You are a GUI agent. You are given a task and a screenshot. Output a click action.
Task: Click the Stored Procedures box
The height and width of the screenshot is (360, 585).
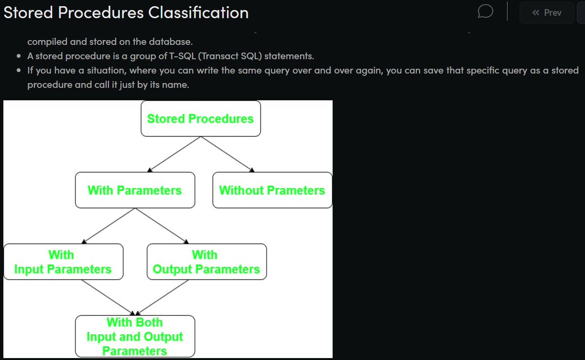[x=200, y=118]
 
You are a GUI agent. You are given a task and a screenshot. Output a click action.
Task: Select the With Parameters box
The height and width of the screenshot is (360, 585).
[x=135, y=190]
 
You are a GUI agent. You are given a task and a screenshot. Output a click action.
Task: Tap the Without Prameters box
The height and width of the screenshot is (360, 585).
[x=272, y=190]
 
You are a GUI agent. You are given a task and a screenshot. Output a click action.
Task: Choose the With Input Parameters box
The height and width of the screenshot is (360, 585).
[x=63, y=262]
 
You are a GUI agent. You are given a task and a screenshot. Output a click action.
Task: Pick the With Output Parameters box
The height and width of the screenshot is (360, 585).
[x=206, y=262]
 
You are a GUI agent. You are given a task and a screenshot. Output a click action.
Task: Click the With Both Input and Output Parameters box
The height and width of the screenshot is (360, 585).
[x=135, y=336]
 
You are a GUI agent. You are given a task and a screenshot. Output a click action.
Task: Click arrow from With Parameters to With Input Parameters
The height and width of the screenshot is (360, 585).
[x=109, y=226]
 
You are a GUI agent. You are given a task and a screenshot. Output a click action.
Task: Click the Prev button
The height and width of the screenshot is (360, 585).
[x=547, y=13]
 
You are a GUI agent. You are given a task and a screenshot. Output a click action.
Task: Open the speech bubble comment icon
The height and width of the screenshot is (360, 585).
[x=486, y=12]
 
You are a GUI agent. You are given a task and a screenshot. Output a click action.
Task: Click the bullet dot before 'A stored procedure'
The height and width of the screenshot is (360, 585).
[x=18, y=57]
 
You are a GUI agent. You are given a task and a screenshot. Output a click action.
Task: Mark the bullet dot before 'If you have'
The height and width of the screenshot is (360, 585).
[x=18, y=71]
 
